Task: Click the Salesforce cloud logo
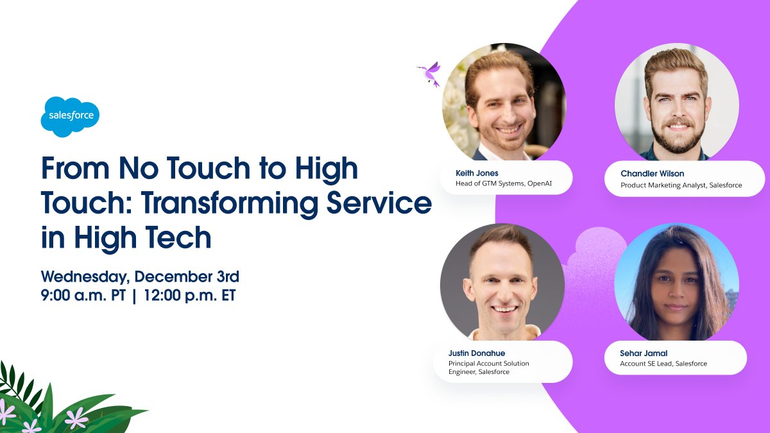(71, 116)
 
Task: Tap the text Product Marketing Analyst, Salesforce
(681, 185)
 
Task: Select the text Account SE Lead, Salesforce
(663, 364)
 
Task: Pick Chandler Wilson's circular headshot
(677, 103)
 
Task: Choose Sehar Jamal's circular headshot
(676, 283)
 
